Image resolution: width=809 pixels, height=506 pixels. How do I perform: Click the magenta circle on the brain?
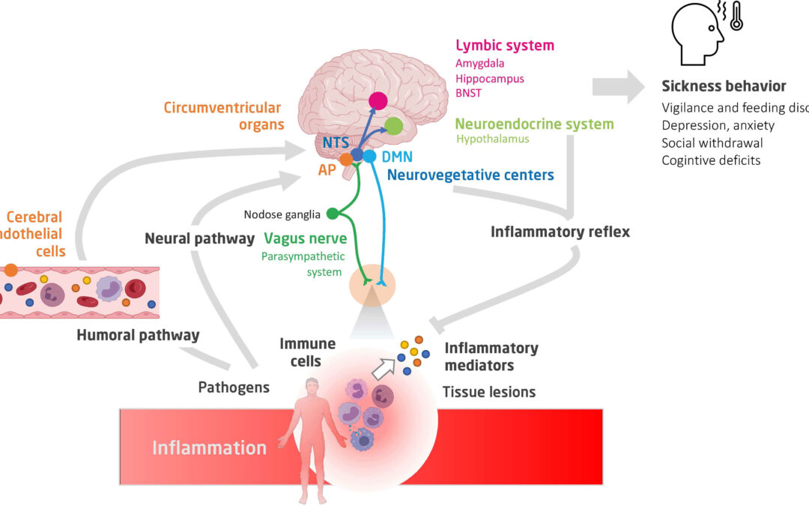tap(378, 100)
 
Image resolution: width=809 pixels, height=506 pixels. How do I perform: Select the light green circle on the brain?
tap(394, 127)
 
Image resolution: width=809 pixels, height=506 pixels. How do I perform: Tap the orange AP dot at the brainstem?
tap(345, 160)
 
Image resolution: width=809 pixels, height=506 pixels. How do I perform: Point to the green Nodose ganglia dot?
tap(332, 214)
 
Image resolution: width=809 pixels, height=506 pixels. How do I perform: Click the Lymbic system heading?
tap(504, 46)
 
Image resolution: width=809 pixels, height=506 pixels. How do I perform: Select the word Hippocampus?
tap(489, 79)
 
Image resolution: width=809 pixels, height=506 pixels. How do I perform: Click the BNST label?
tap(468, 93)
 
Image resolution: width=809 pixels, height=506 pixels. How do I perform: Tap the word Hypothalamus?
tap(492, 139)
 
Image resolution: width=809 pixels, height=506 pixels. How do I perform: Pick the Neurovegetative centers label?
tap(470, 175)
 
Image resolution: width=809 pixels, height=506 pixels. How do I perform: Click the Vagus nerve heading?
tap(305, 238)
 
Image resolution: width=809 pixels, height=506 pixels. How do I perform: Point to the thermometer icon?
tap(736, 16)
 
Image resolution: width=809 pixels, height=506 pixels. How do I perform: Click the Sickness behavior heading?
tap(724, 86)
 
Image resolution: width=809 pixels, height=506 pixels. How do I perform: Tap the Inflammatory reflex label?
tap(560, 232)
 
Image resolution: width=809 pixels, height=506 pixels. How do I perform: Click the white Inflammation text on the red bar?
tap(209, 448)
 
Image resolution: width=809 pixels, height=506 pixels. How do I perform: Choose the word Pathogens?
tap(233, 388)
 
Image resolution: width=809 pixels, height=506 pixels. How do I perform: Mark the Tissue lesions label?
tap(488, 391)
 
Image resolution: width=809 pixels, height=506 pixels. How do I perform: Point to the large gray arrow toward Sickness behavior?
tap(619, 86)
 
